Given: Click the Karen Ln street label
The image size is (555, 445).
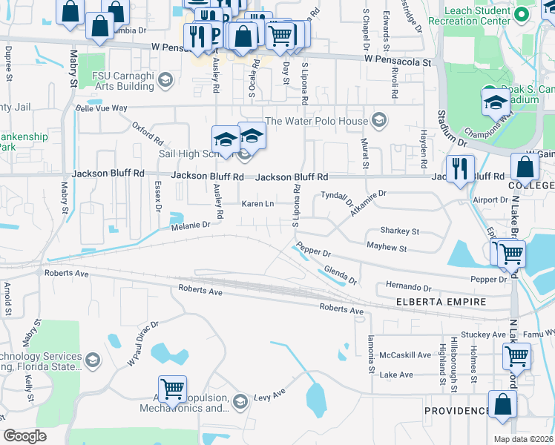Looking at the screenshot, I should point(258,203).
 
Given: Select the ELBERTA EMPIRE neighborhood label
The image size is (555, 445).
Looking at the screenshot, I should point(441,302).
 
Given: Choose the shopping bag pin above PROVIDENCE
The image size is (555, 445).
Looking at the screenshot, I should point(502,406).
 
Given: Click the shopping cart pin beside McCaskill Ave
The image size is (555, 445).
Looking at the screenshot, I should point(516,356).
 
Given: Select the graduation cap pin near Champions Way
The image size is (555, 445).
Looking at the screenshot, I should point(495,104).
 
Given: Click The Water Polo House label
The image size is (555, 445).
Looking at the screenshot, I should point(316,121).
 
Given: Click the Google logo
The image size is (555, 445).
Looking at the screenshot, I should point(24,436).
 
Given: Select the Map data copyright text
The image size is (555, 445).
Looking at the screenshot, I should point(523,439).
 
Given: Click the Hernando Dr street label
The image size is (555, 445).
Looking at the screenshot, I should point(408,287).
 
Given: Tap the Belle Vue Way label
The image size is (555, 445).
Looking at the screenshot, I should point(102,108).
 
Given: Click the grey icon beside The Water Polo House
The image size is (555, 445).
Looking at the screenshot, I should point(379,121).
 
